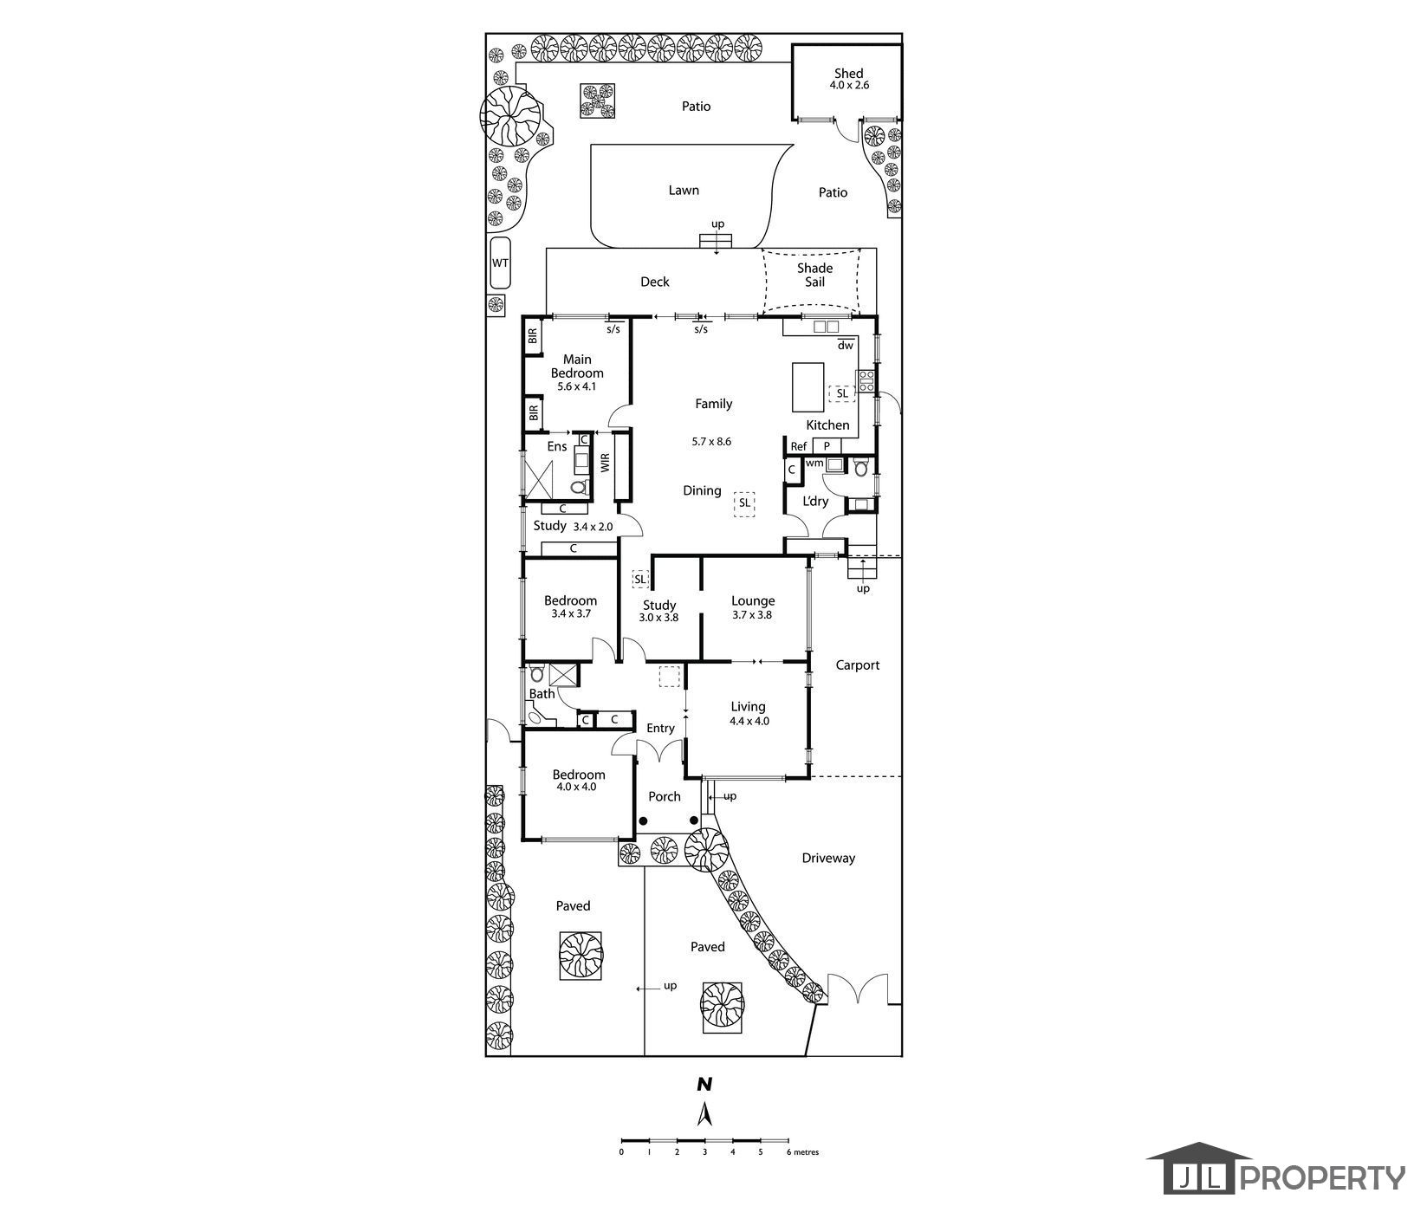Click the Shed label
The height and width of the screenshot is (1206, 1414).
coord(848,74)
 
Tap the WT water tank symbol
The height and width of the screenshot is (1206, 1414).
coord(500,263)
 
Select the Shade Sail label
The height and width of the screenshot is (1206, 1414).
coord(814,275)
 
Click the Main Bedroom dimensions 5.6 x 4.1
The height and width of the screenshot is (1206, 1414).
coord(577,386)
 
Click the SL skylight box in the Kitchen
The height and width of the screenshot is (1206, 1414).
coord(842,393)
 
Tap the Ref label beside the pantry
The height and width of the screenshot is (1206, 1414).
coord(799,446)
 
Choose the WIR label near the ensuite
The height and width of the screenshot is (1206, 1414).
coord(605,463)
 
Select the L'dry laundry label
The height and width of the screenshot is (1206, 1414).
coord(815,501)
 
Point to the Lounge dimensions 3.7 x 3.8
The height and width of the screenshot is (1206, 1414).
coord(752,615)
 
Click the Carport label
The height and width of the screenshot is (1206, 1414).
coord(857,665)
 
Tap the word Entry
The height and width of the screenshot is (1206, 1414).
coord(660,729)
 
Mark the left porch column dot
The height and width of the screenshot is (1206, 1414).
coord(644,820)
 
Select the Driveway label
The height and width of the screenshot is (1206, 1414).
coord(828,858)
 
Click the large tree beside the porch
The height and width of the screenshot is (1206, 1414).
coord(706,849)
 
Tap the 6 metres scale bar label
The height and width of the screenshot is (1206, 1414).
coord(802,1152)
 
